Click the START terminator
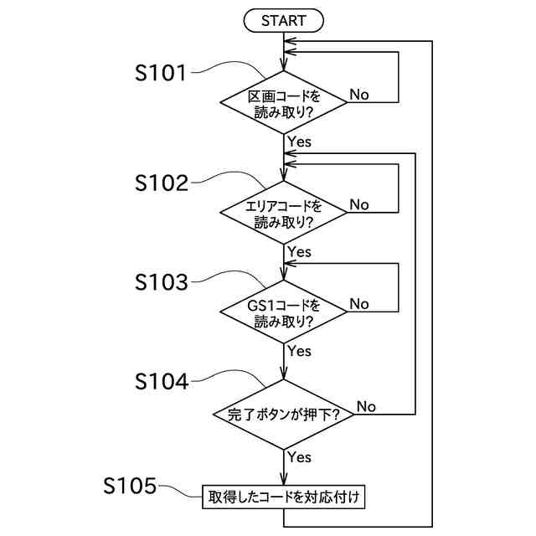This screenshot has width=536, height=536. pyautogui.click(x=283, y=21)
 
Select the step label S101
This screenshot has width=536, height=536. pyautogui.click(x=160, y=73)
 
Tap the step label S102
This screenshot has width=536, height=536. pyautogui.click(x=162, y=183)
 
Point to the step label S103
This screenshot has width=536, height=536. pyautogui.click(x=162, y=282)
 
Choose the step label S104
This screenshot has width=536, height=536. pyautogui.click(x=162, y=382)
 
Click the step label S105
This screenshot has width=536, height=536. pyautogui.click(x=130, y=486)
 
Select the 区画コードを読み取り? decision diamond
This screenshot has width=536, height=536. pyautogui.click(x=283, y=102)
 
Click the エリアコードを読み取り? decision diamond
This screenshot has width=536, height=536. pyautogui.click(x=283, y=213)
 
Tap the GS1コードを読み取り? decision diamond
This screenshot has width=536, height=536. pyautogui.click(x=283, y=312)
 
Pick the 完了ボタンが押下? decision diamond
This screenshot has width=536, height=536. pyautogui.click(x=283, y=415)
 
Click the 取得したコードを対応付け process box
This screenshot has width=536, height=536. pyautogui.click(x=283, y=497)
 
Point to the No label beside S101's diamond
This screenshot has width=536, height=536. pyautogui.click(x=359, y=95)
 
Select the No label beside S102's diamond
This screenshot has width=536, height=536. pyautogui.click(x=359, y=204)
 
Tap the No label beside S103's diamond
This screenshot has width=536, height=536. pyautogui.click(x=359, y=304)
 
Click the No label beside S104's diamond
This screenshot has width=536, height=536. pyautogui.click(x=366, y=406)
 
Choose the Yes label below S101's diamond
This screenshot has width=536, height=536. pyautogui.click(x=300, y=142)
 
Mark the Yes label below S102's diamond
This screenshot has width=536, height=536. pyautogui.click(x=300, y=252)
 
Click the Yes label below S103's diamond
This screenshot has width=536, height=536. pyautogui.click(x=300, y=351)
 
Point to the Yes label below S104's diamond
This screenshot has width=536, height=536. pyautogui.click(x=300, y=457)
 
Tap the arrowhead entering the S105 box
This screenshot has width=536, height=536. pyautogui.click(x=283, y=479)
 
